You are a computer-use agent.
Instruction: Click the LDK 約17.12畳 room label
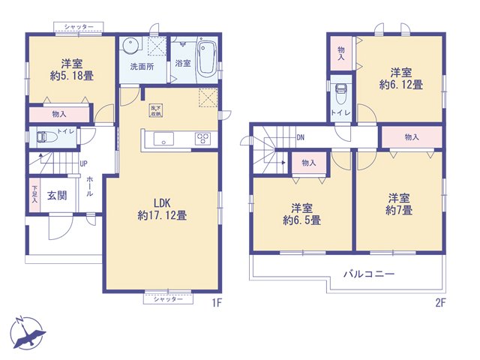pos(162,209)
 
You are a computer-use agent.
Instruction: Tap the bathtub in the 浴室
pos(207,59)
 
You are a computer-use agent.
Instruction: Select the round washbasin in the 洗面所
pos(130,46)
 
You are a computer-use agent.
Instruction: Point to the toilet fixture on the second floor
pos(341,94)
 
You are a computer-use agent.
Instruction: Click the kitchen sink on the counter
pos(163,138)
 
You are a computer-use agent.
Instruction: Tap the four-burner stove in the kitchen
pos(202,138)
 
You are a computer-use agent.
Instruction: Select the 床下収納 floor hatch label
pos(156,110)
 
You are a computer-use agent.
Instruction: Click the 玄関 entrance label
pos(57,195)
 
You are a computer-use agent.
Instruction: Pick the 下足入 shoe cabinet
pos(34,195)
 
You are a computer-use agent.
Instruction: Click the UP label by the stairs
pos(83,163)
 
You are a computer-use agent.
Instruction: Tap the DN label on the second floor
pos(301,138)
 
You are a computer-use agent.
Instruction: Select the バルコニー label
pos(369,274)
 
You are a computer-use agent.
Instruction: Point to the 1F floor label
pos(216,303)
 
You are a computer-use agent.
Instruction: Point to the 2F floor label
pos(440,303)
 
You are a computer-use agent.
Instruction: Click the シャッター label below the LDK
pos(168,299)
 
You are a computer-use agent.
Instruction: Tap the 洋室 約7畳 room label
pos(399,204)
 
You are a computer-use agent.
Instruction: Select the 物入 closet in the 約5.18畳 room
pos(59,115)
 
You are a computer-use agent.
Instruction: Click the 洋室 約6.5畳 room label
pos(301,214)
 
